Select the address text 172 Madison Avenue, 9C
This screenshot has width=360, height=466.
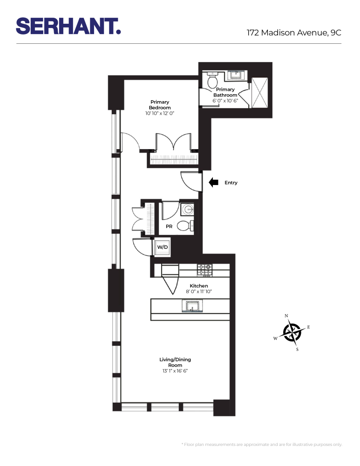point(294,32)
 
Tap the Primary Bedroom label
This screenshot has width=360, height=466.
point(159,105)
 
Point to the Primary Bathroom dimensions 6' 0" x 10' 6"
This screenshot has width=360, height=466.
point(225,101)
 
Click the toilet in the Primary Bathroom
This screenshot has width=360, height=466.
point(212,82)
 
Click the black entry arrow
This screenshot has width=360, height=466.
point(214,183)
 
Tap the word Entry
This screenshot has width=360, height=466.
point(231,183)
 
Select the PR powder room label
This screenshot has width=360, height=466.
point(170,226)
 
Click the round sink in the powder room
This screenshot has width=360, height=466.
point(188,209)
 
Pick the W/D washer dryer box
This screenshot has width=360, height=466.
point(162,247)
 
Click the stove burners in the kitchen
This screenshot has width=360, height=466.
point(205,269)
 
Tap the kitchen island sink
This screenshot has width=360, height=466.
point(191,306)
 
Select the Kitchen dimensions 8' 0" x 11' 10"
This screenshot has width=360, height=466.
point(199,292)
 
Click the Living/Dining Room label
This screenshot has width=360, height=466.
point(175,362)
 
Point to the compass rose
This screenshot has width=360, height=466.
point(292,332)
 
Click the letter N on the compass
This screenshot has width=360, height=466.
point(286,316)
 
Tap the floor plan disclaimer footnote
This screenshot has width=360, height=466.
point(262,445)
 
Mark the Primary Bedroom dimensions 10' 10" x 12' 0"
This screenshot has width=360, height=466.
point(159,113)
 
